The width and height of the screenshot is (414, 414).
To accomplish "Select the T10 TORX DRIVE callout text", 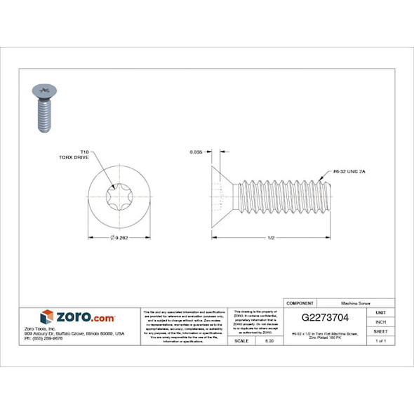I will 79,154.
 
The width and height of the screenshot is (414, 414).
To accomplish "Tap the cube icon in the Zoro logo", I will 47,316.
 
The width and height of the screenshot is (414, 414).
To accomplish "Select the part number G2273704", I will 326,316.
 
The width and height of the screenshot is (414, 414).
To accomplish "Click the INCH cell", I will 380,321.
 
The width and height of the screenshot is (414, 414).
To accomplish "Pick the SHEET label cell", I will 380,330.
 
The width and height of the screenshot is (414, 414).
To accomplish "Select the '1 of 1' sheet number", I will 380,340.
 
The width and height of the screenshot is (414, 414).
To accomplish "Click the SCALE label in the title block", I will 242,340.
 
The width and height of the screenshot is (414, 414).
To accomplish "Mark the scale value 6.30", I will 268,340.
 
